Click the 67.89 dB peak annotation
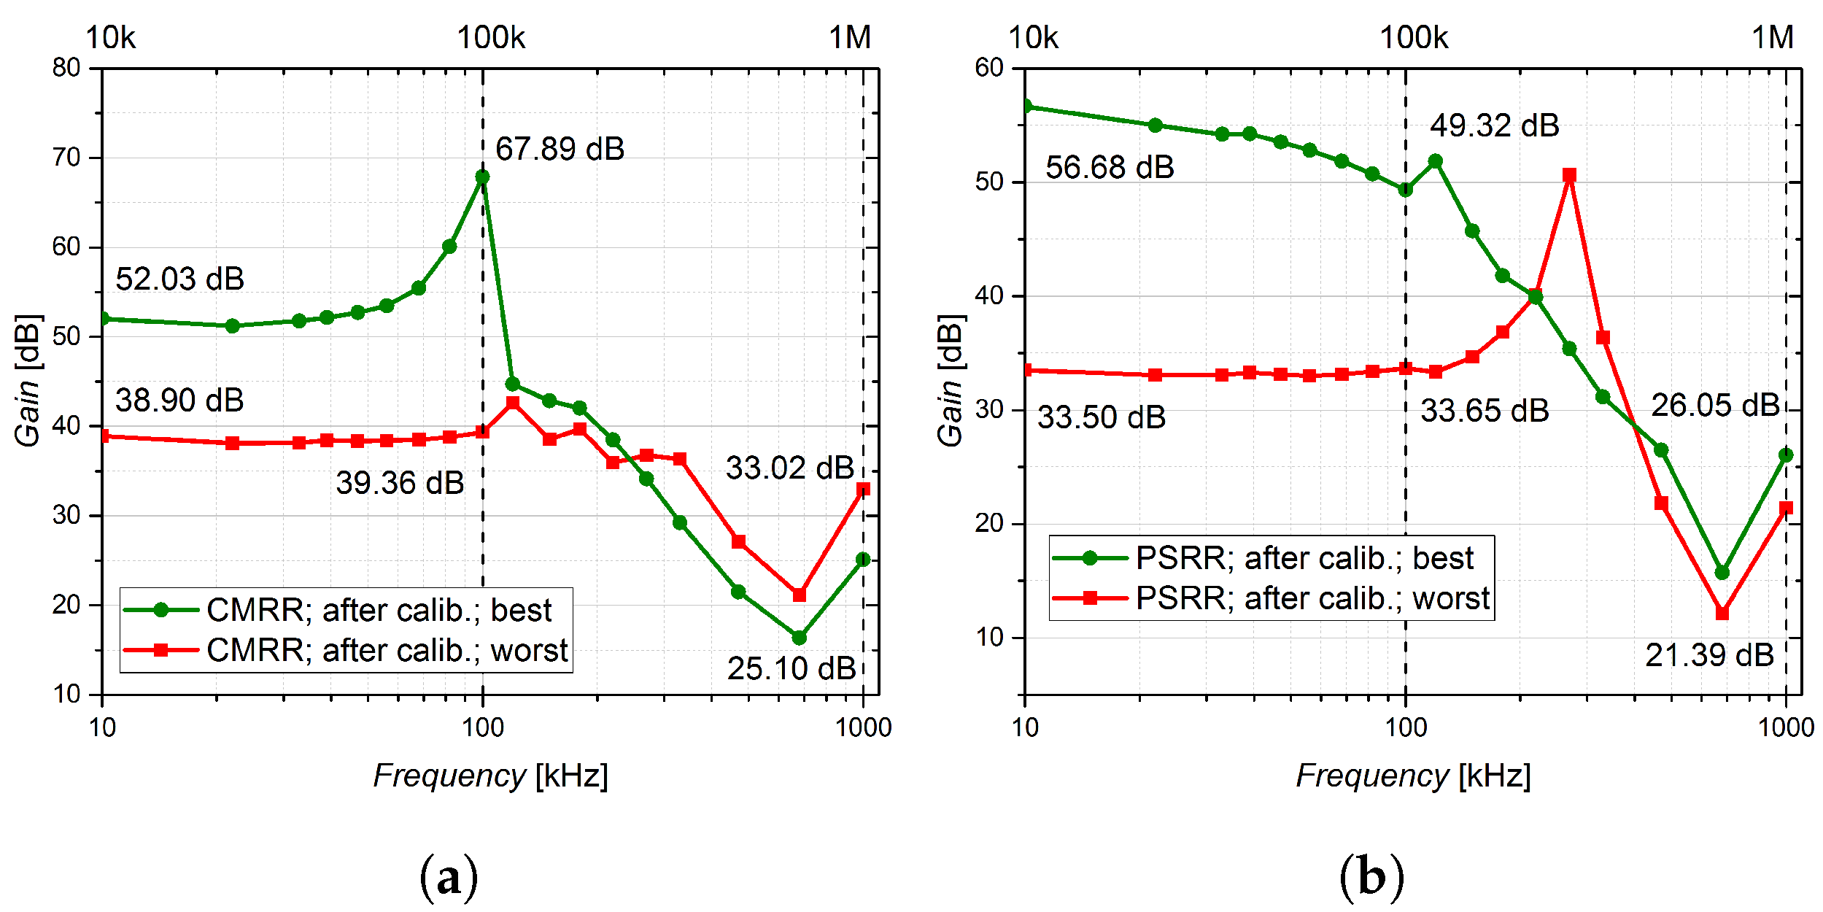tap(560, 150)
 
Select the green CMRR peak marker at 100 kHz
tap(482, 177)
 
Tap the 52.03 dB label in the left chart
tap(179, 279)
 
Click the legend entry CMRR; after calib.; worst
tap(386, 650)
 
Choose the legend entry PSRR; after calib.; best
tap(1304, 558)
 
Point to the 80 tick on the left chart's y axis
tap(66, 68)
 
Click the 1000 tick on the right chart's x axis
tap(1786, 728)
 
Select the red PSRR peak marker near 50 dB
tap(1570, 175)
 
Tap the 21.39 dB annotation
tap(1709, 656)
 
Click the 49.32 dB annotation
tap(1494, 126)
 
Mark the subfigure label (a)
tap(449, 877)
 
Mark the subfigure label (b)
tap(1371, 877)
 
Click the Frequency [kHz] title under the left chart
tap(490, 776)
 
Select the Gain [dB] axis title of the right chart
tap(951, 380)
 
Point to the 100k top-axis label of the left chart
tap(491, 37)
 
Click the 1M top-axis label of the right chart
tap(1773, 37)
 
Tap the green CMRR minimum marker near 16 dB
tap(799, 638)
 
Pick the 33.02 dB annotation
tap(789, 468)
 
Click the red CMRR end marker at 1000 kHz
tap(863, 490)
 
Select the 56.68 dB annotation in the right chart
tap(1110, 168)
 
